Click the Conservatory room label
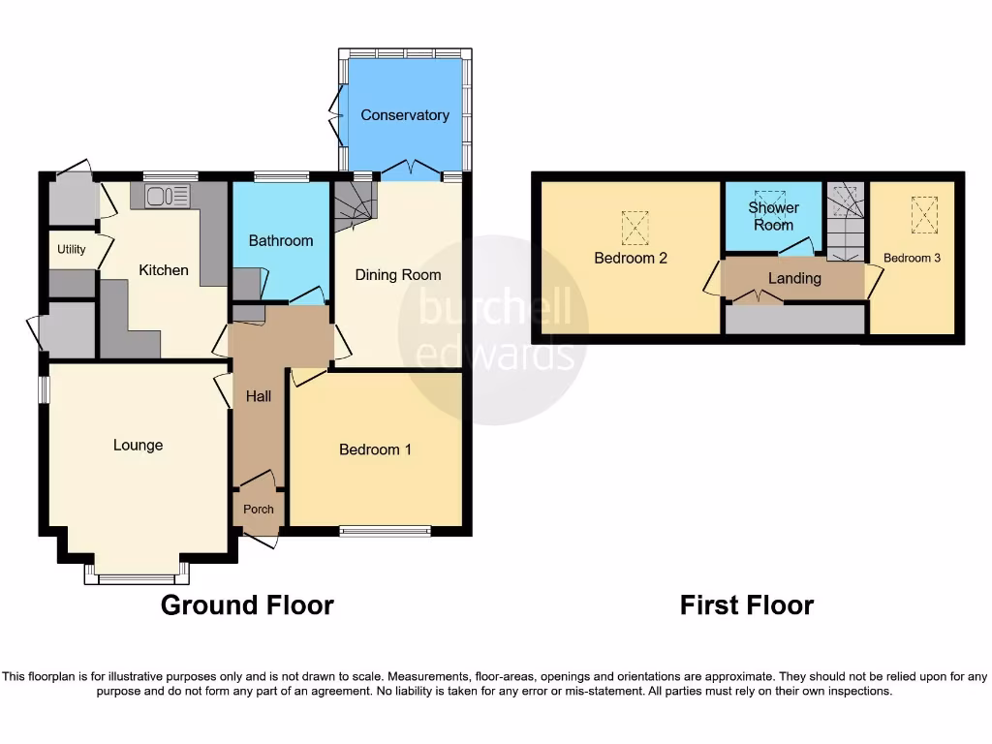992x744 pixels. click(x=405, y=115)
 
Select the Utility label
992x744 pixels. click(x=72, y=250)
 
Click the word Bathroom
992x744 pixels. click(x=281, y=240)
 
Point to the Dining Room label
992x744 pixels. click(x=398, y=275)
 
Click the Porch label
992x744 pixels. click(x=258, y=510)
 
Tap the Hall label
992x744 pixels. click(x=259, y=396)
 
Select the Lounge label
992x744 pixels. click(x=139, y=446)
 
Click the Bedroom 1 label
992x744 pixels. click(x=375, y=449)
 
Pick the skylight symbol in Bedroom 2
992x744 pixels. click(x=635, y=229)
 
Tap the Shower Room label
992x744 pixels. click(x=774, y=216)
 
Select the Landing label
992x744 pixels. click(x=794, y=279)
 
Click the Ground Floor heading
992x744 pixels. click(x=247, y=605)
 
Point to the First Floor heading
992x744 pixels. click(x=746, y=605)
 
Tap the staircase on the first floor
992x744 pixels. click(x=846, y=222)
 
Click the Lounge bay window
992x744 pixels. click(x=136, y=578)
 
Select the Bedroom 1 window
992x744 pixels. click(x=385, y=531)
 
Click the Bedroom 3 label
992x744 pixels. click(x=912, y=259)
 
